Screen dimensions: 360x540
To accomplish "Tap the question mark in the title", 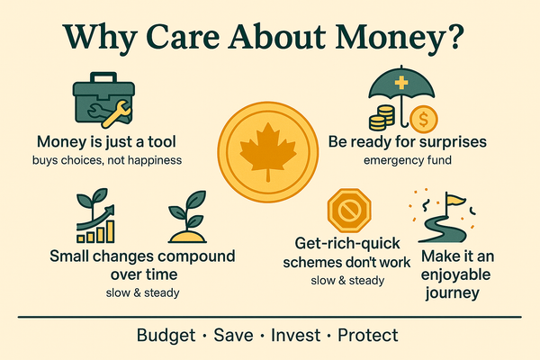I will pos(461,38).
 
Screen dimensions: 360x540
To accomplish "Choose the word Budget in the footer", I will pos(167,336).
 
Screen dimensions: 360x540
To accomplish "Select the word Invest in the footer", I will pos(296,336).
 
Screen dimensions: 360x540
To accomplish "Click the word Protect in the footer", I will pos(368,336).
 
